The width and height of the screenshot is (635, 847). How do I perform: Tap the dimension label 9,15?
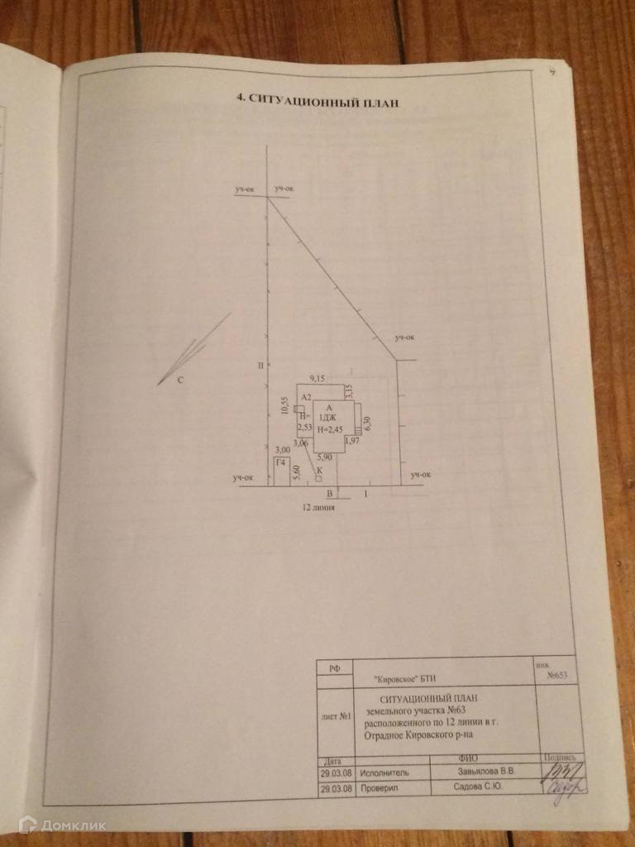coord(317,378)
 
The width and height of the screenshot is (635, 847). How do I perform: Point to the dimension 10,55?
coord(285,405)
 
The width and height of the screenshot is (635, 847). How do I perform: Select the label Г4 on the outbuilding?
coord(281,462)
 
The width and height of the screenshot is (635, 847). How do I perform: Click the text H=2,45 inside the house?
coord(330,428)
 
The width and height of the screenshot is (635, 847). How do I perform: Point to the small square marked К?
coord(318,477)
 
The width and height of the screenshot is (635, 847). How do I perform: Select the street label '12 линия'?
coord(318,510)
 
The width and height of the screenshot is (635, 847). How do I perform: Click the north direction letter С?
coord(180,380)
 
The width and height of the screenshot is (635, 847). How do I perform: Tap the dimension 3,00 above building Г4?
coord(282,449)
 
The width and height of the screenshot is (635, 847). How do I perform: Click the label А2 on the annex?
coord(305,396)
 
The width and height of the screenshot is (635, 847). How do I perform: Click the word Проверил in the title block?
coord(380,788)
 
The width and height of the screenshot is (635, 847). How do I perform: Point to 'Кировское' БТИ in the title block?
coord(405,678)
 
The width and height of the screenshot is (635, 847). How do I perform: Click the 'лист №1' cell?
coord(335,716)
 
